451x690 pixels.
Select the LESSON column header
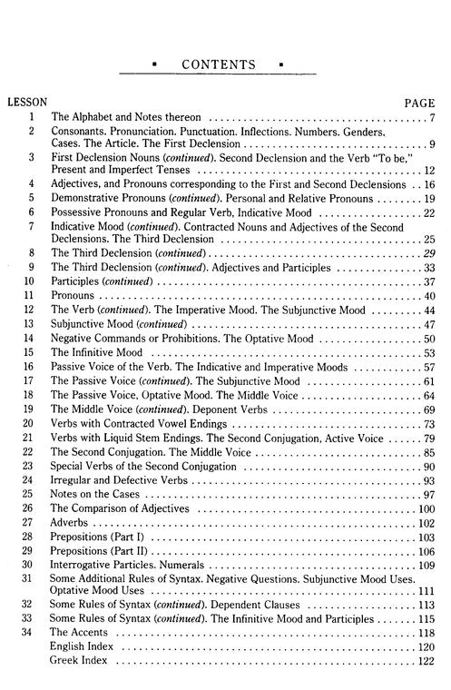coord(26,103)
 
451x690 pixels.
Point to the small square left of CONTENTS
coord(156,65)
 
